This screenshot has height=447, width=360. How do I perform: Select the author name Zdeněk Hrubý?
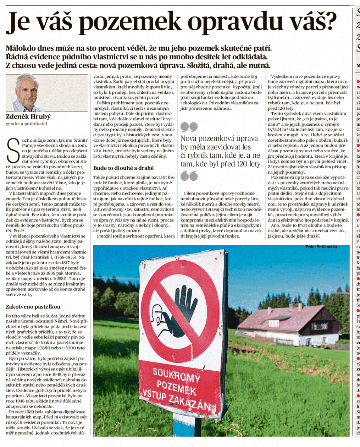click(28, 116)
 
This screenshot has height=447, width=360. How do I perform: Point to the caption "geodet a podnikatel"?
click(26, 124)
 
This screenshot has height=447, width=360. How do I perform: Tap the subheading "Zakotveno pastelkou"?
click(33, 307)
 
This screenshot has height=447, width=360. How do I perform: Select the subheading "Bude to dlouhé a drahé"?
click(123, 168)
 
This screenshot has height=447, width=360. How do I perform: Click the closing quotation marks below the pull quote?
click(189, 176)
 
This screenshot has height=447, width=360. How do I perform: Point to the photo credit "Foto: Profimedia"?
click(321, 247)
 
